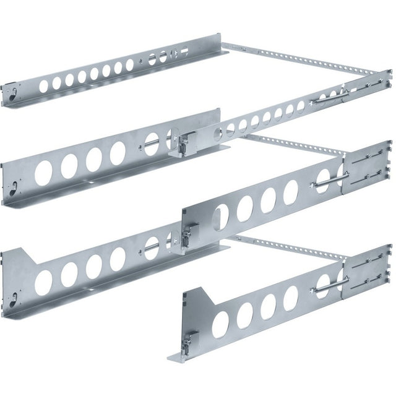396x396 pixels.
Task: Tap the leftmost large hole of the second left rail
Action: (43, 173)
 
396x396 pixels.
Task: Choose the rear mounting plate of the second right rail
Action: (366, 165)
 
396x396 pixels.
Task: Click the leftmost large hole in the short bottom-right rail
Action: (220, 324)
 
